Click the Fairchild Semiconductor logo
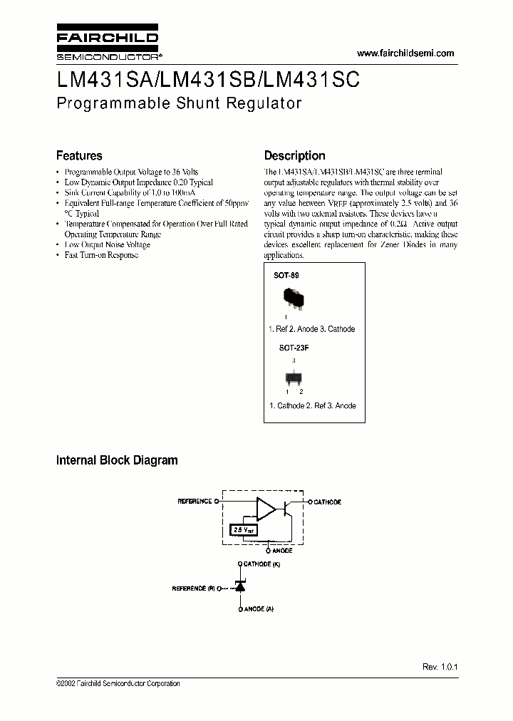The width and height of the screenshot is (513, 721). (107, 43)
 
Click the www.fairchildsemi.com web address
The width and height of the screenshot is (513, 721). (405, 54)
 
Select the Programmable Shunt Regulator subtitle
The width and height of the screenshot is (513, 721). (179, 103)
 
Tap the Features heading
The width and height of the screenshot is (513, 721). (79, 155)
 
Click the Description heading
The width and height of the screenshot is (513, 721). (294, 155)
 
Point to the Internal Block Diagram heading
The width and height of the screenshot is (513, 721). (117, 460)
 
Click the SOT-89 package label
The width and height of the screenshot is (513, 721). (286, 274)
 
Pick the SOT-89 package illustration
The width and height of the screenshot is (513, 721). (291, 297)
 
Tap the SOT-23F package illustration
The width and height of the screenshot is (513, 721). (293, 377)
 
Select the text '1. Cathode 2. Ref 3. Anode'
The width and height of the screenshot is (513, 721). (312, 405)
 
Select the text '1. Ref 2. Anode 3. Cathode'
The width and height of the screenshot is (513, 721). (311, 329)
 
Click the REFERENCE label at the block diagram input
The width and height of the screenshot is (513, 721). (194, 502)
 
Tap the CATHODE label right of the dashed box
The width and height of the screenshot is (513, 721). (327, 502)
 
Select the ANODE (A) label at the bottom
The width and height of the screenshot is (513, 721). (259, 610)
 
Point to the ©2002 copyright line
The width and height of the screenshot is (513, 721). (118, 683)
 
